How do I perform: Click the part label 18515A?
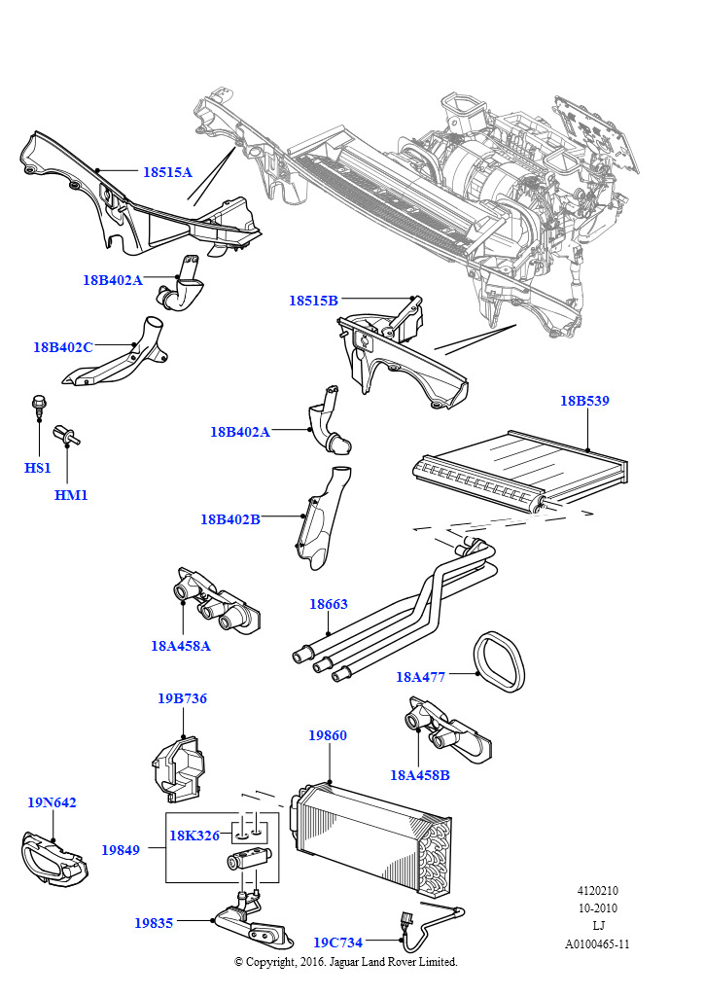click(167, 172)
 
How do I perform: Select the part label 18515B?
click(313, 301)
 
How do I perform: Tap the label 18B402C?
click(63, 347)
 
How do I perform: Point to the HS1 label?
click(38, 468)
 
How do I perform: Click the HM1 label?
click(71, 495)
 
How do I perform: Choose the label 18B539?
click(584, 401)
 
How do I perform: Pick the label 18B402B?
click(230, 519)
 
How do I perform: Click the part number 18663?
click(329, 604)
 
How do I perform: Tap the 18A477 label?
click(420, 677)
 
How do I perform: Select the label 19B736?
click(182, 698)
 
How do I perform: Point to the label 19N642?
click(52, 802)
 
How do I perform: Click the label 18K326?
click(194, 836)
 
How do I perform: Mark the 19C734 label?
click(337, 943)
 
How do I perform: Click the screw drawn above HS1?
click(36, 406)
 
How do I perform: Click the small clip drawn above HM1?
click(67, 434)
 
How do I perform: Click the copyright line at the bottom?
click(345, 962)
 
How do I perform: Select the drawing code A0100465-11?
click(597, 943)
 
